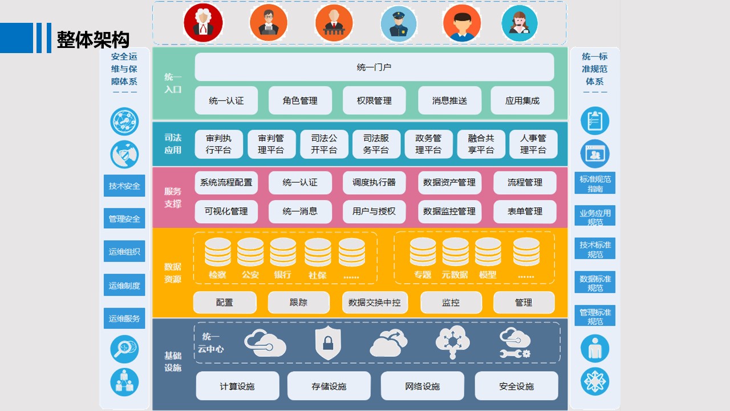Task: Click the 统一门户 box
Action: [x=374, y=67]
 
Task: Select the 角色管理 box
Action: [x=300, y=100]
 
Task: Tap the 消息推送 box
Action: [x=449, y=100]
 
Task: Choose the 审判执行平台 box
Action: [x=218, y=144]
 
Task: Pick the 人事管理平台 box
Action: [x=533, y=144]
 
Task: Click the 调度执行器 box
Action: [x=374, y=183]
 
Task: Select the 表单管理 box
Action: [x=524, y=211]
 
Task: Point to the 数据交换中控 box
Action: [x=374, y=303]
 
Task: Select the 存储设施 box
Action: [x=329, y=386]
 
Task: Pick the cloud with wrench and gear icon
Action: [x=514, y=343]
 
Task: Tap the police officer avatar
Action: [x=399, y=23]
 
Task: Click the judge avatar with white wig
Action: [x=203, y=23]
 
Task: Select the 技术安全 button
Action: [x=124, y=186]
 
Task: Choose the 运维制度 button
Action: [x=124, y=285]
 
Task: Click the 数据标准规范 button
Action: [x=595, y=283]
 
